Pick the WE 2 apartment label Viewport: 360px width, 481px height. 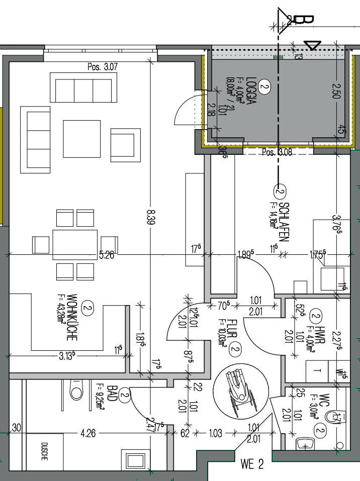pyautogui.click(x=252, y=464)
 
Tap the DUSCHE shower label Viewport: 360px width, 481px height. pyautogui.click(x=45, y=452)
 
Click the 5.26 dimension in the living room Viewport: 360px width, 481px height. pyautogui.click(x=106, y=255)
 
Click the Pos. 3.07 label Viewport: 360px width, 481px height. pyautogui.click(x=102, y=67)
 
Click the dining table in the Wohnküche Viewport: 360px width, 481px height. pyautogui.click(x=75, y=245)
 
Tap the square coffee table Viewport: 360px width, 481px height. pyautogui.click(x=81, y=138)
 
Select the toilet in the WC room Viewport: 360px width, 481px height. pyautogui.click(x=333, y=417)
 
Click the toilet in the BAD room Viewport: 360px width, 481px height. pyautogui.click(x=75, y=390)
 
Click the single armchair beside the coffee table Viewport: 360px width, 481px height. pyautogui.click(x=124, y=144)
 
